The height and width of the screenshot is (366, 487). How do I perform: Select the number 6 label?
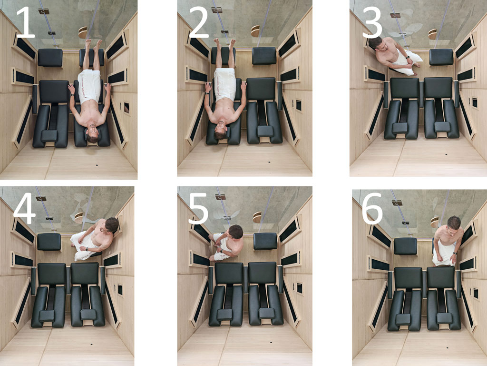point(373,209)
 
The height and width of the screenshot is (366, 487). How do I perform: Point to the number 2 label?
point(198,24)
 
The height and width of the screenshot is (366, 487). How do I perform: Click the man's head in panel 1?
point(92,135)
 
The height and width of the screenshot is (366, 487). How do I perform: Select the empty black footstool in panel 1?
point(50,57)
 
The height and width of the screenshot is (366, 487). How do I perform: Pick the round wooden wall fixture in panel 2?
point(255,31)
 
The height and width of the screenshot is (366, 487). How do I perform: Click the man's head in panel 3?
point(376,43)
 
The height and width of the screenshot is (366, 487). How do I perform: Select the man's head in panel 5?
point(235,232)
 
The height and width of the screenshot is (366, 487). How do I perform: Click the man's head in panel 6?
point(454,223)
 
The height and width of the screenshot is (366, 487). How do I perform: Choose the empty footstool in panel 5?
point(265,241)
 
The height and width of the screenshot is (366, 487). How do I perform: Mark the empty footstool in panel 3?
point(441,57)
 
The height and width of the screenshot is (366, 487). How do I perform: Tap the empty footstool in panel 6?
point(405,246)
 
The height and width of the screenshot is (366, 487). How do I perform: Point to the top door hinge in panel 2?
point(216,10)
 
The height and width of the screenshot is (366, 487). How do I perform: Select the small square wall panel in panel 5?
point(299,288)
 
